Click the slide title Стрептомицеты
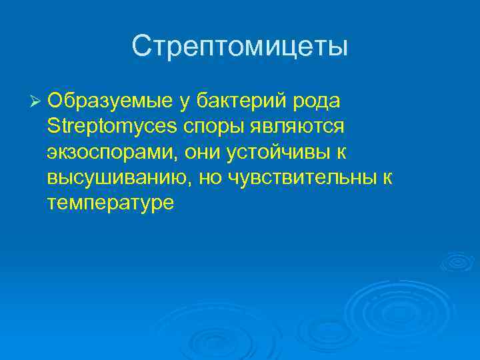[x=240, y=46]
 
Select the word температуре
[x=111, y=203]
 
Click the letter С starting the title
[x=141, y=46]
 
